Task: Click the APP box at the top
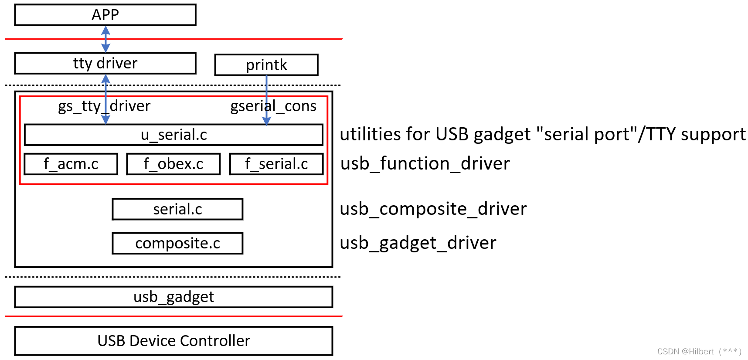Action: tap(105, 15)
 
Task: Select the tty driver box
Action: tap(105, 64)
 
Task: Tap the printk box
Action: tap(266, 65)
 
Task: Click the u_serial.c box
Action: tap(173, 135)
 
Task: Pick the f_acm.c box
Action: tap(71, 164)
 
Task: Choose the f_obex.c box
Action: tap(173, 164)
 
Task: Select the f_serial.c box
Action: tap(276, 164)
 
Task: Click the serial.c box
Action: tap(177, 209)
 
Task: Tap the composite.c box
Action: tap(177, 243)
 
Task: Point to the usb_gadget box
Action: tap(173, 297)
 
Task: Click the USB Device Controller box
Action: tap(173, 341)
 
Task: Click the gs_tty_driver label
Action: tap(104, 106)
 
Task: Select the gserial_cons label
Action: tap(273, 106)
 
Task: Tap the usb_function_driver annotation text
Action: tap(425, 164)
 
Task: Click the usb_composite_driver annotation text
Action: tap(433, 209)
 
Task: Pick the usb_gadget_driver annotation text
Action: tap(418, 243)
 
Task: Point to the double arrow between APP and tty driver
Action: tap(105, 39)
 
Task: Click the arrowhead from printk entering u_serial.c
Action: tap(267, 121)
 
